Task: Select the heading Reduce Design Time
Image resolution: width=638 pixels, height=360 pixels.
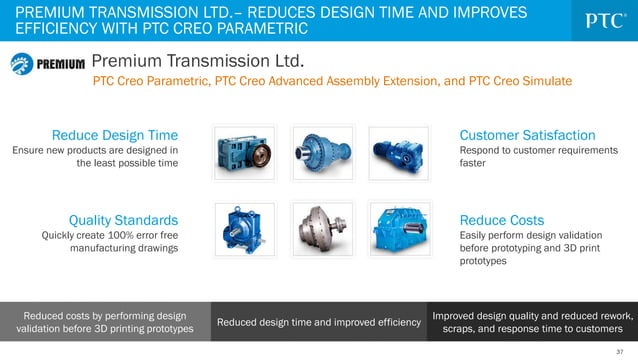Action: pyautogui.click(x=115, y=134)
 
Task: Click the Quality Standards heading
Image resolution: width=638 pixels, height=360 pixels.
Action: pyautogui.click(x=123, y=219)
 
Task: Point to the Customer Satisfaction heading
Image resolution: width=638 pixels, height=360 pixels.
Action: pyautogui.click(x=527, y=134)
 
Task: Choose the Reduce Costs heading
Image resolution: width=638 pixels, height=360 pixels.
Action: pyautogui.click(x=501, y=219)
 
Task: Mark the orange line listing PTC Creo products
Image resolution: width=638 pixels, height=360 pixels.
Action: pyautogui.click(x=332, y=82)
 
